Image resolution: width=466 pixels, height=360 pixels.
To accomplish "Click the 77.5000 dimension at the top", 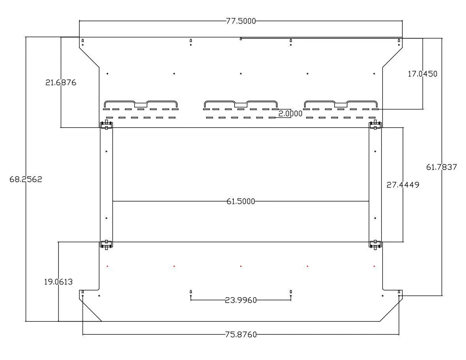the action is (x=241, y=21).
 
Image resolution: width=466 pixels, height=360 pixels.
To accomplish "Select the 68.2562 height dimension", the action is (x=26, y=179).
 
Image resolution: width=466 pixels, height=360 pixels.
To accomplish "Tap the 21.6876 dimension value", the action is (x=61, y=82).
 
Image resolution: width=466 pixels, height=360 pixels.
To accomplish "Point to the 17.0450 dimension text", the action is (x=422, y=74).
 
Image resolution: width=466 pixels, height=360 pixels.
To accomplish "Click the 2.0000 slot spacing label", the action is (x=290, y=113).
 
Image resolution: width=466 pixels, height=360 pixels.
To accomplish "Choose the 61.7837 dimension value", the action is (x=442, y=167).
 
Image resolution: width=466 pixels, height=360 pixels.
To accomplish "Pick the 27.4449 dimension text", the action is (x=403, y=185).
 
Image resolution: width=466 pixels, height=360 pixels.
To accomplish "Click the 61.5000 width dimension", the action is (x=241, y=202).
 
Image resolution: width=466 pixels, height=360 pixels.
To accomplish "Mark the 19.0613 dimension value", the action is (x=58, y=282).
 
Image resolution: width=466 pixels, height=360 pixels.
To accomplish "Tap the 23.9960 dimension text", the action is (x=241, y=300).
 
